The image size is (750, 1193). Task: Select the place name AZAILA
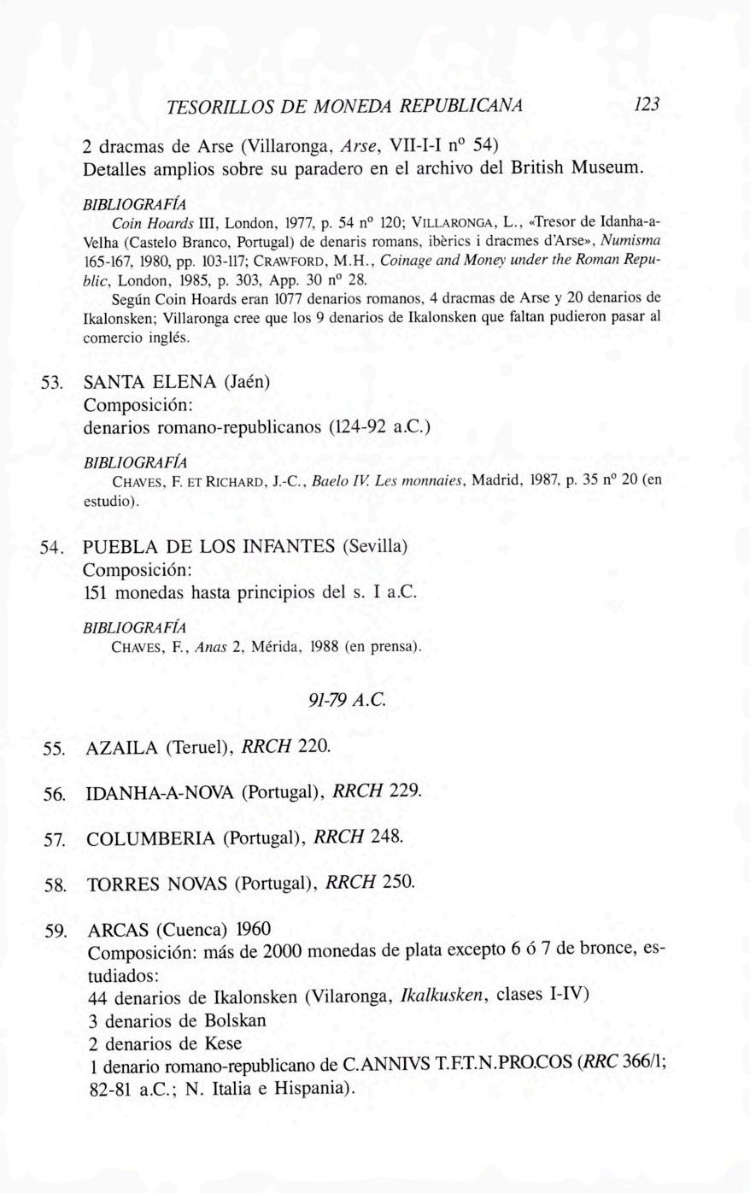tap(122, 749)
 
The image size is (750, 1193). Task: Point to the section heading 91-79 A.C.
tap(348, 700)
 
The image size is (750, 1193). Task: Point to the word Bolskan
tap(235, 1020)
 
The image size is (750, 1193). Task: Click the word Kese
tap(223, 1043)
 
